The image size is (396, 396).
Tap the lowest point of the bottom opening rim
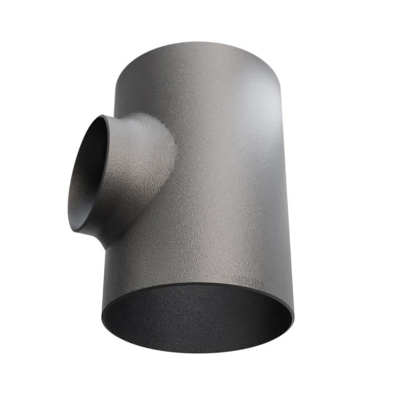coord(198,353)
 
